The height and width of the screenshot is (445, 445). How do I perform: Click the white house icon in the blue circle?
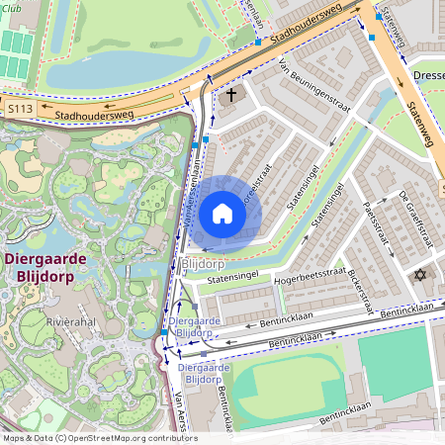222,214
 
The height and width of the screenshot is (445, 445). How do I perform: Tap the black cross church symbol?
232,96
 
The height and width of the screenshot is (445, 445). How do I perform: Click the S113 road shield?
20,108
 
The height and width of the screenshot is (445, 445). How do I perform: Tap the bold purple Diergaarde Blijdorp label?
45,268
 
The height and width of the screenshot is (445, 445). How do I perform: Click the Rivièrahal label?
71,322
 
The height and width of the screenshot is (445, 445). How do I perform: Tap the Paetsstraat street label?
372,230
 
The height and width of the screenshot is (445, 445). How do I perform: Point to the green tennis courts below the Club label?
16,54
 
